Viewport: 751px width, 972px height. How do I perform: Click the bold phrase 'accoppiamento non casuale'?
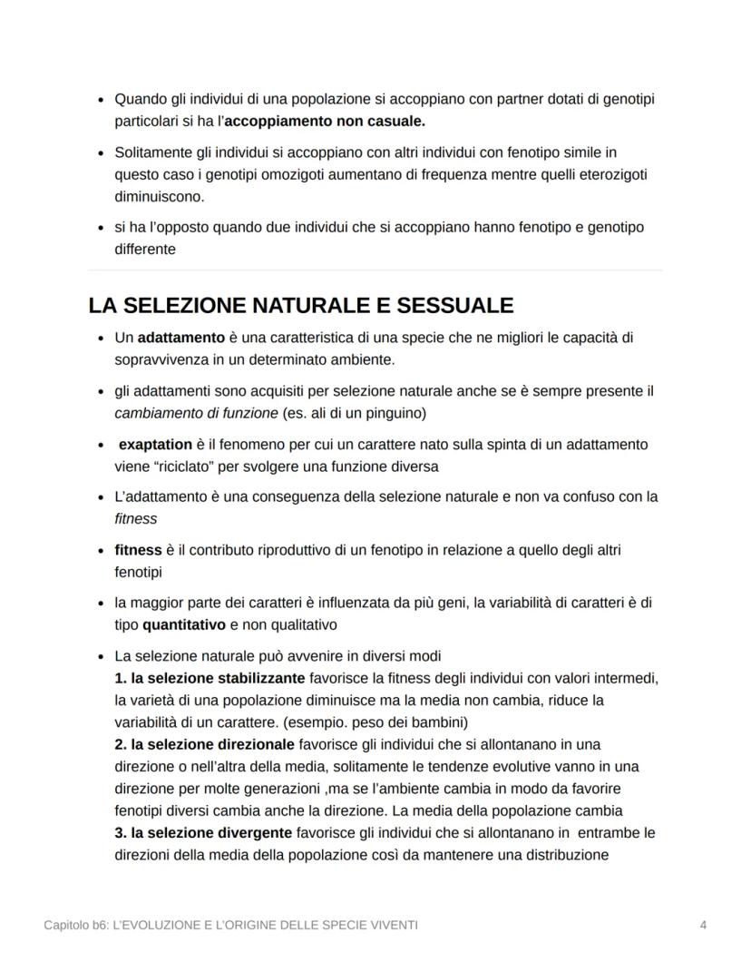point(336,121)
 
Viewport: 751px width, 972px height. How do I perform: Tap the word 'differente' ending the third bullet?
point(145,249)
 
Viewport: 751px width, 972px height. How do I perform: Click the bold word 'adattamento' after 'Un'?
point(180,338)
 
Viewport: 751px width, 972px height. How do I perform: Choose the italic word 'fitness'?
point(135,519)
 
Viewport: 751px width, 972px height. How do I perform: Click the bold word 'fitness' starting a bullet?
point(138,551)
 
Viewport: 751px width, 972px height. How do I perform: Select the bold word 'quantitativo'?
point(184,625)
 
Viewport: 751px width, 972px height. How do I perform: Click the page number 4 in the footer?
point(704,925)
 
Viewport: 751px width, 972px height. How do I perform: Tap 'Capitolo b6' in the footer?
point(75,925)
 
